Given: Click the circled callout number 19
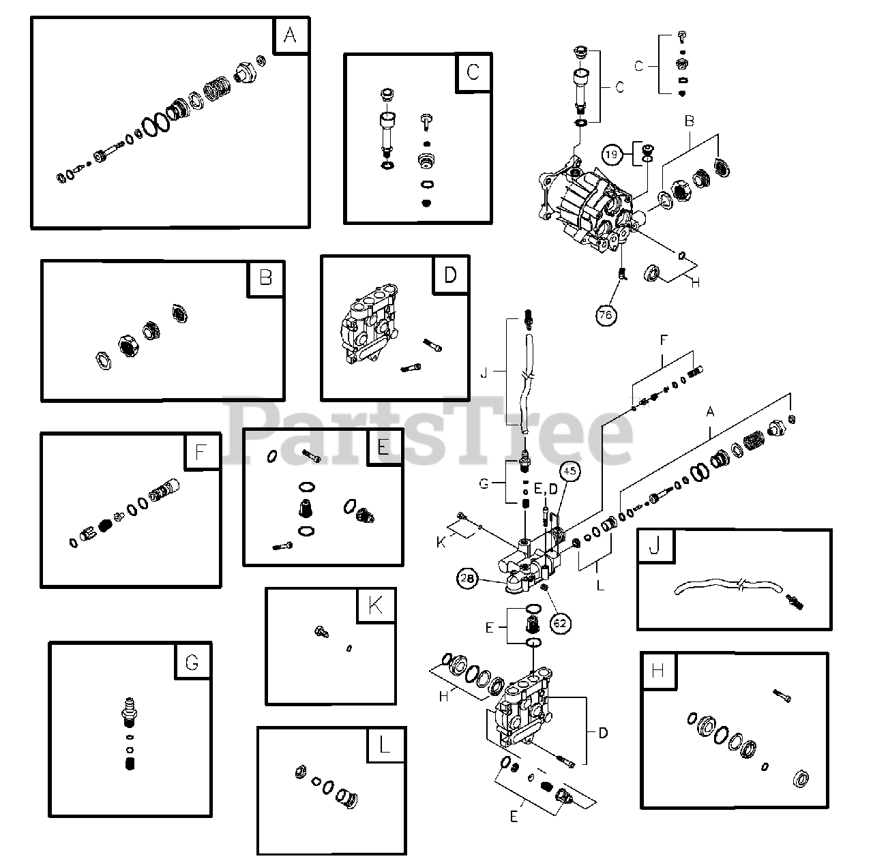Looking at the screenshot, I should (x=612, y=155).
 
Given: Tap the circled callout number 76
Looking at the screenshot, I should (x=605, y=315).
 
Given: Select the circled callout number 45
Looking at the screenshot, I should (x=570, y=470).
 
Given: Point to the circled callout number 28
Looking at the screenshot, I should (x=467, y=578).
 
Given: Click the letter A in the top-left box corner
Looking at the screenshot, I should (x=291, y=35).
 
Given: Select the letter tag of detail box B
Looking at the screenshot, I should (x=265, y=277).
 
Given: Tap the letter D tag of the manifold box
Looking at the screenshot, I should (x=450, y=274).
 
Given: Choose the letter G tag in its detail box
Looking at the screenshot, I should (x=192, y=661).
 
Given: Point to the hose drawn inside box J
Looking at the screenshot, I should (x=723, y=588).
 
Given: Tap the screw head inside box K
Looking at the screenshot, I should (x=320, y=633).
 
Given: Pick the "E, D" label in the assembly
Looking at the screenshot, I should (x=546, y=488).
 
